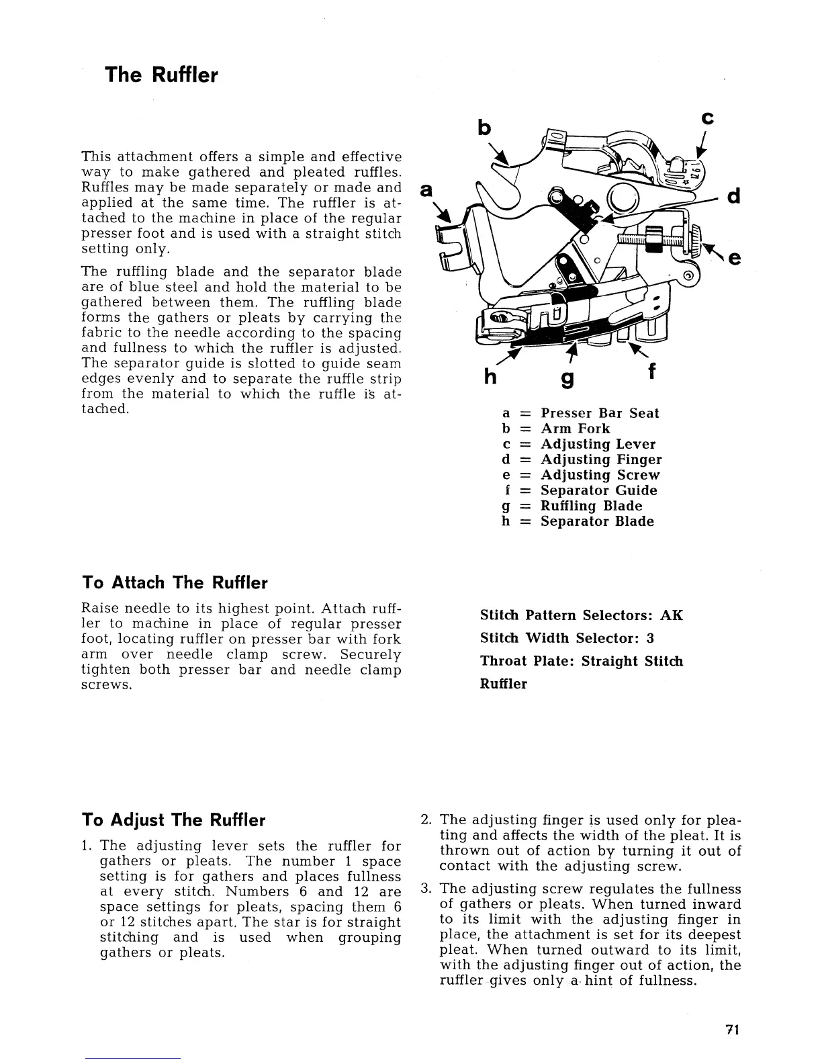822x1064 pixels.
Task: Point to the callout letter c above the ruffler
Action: pyautogui.click(x=706, y=118)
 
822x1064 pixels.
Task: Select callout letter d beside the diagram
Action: pyautogui.click(x=733, y=198)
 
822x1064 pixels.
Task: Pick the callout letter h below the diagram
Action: pyautogui.click(x=490, y=378)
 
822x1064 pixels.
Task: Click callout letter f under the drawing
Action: pyautogui.click(x=651, y=371)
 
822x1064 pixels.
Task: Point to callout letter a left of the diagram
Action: pyautogui.click(x=424, y=190)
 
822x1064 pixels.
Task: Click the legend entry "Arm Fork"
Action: pyautogui.click(x=576, y=429)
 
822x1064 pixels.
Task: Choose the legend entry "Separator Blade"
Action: pyautogui.click(x=597, y=521)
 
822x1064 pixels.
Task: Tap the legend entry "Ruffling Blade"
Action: pyautogui.click(x=591, y=506)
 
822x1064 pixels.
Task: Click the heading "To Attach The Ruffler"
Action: pyautogui.click(x=175, y=582)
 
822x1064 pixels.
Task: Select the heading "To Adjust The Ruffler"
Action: pyautogui.click(x=173, y=820)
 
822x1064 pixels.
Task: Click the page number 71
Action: pyautogui.click(x=732, y=1030)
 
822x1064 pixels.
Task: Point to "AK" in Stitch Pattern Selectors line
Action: pyautogui.click(x=671, y=615)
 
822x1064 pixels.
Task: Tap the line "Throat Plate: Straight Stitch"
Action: pyautogui.click(x=582, y=661)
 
